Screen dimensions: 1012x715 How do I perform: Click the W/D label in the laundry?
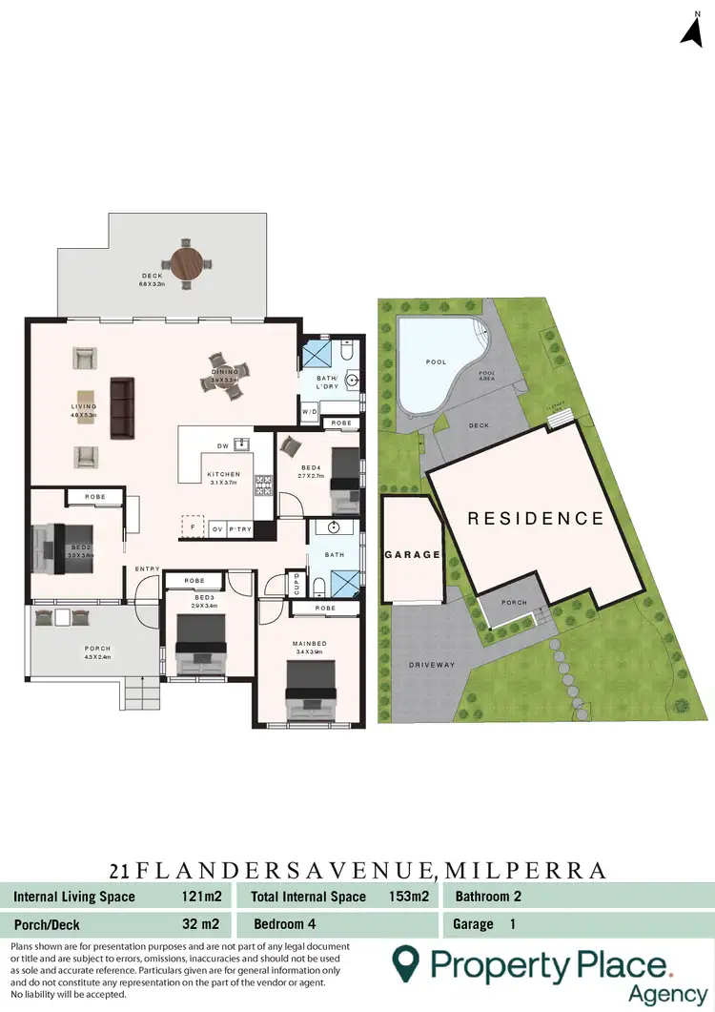pyautogui.click(x=310, y=412)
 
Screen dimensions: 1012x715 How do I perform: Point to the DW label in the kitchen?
pyautogui.click(x=222, y=445)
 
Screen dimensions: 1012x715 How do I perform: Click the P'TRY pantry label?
pyautogui.click(x=241, y=528)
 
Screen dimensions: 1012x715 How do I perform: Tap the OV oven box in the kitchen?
pyautogui.click(x=218, y=528)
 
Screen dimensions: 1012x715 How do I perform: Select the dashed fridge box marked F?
pyautogui.click(x=193, y=526)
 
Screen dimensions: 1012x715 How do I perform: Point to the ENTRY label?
pyautogui.click(x=148, y=569)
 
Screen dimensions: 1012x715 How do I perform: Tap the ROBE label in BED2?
pyautogui.click(x=94, y=497)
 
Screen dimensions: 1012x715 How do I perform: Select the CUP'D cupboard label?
pyautogui.click(x=296, y=584)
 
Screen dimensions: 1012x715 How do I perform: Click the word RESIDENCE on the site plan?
pyautogui.click(x=535, y=519)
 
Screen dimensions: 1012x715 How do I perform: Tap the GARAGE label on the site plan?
pyautogui.click(x=412, y=554)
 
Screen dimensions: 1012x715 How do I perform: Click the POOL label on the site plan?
pyautogui.click(x=435, y=362)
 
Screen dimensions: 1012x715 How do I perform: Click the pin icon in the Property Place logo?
pyautogui.click(x=408, y=964)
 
